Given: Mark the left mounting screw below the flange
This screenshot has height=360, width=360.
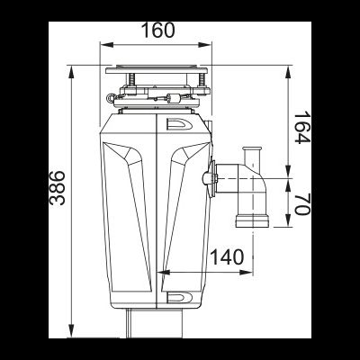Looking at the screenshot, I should (131, 84).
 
